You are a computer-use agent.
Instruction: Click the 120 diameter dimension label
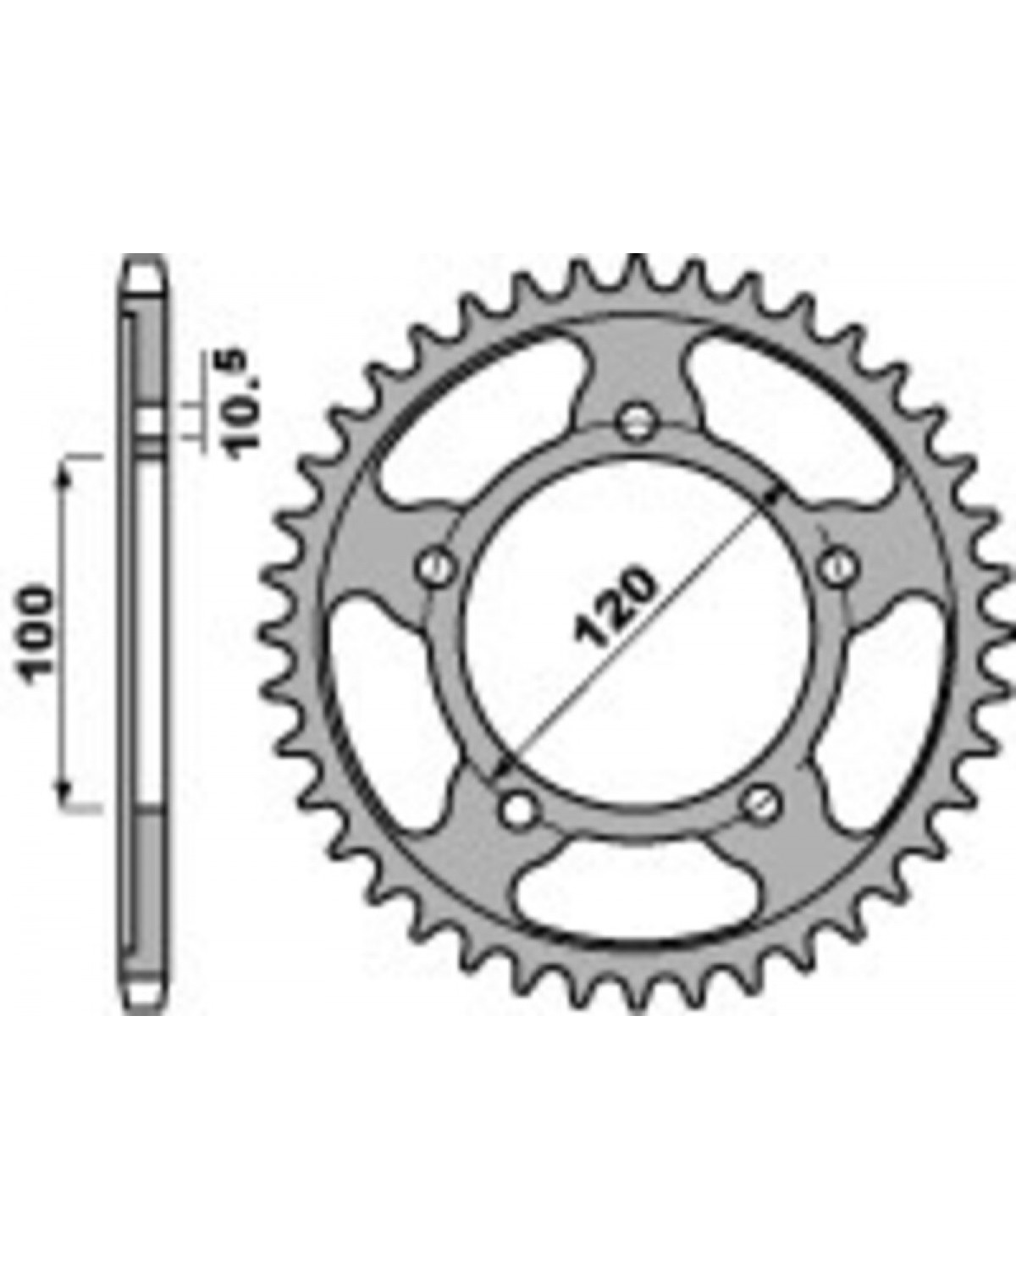coord(615,607)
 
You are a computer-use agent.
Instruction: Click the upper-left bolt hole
coord(437,566)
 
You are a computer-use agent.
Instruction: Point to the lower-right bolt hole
coord(761,803)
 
